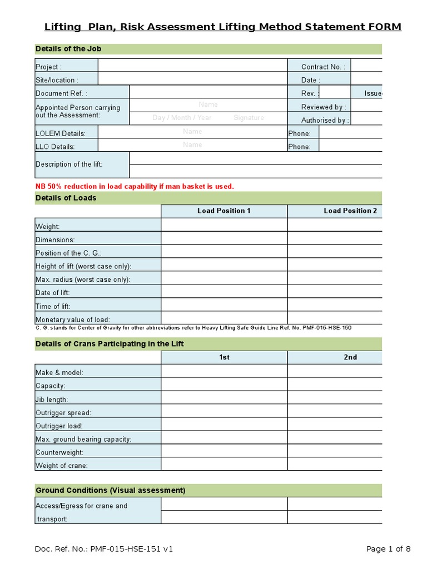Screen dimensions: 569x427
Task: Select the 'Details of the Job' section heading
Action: click(68, 49)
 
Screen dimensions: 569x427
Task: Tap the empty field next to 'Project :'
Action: click(192, 67)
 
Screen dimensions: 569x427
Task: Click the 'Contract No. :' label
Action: click(324, 67)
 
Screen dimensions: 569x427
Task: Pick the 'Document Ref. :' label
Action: click(61, 94)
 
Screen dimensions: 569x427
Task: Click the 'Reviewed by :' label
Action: click(324, 107)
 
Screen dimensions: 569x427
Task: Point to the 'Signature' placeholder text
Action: click(249, 118)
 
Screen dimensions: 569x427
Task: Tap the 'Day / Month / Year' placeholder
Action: click(182, 118)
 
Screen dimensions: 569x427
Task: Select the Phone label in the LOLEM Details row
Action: click(299, 134)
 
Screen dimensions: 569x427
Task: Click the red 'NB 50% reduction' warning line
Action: click(135, 186)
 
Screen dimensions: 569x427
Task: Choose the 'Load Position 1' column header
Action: click(224, 211)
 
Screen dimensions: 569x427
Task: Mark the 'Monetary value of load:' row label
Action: click(73, 320)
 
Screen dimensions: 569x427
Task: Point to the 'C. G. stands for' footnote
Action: click(193, 328)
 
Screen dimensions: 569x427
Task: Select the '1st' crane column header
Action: click(224, 357)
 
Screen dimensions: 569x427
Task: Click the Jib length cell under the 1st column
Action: click(224, 400)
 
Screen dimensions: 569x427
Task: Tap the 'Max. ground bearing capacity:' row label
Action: click(83, 439)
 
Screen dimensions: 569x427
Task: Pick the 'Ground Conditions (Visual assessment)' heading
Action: click(110, 490)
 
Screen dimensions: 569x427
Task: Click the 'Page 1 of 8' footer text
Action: click(389, 549)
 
